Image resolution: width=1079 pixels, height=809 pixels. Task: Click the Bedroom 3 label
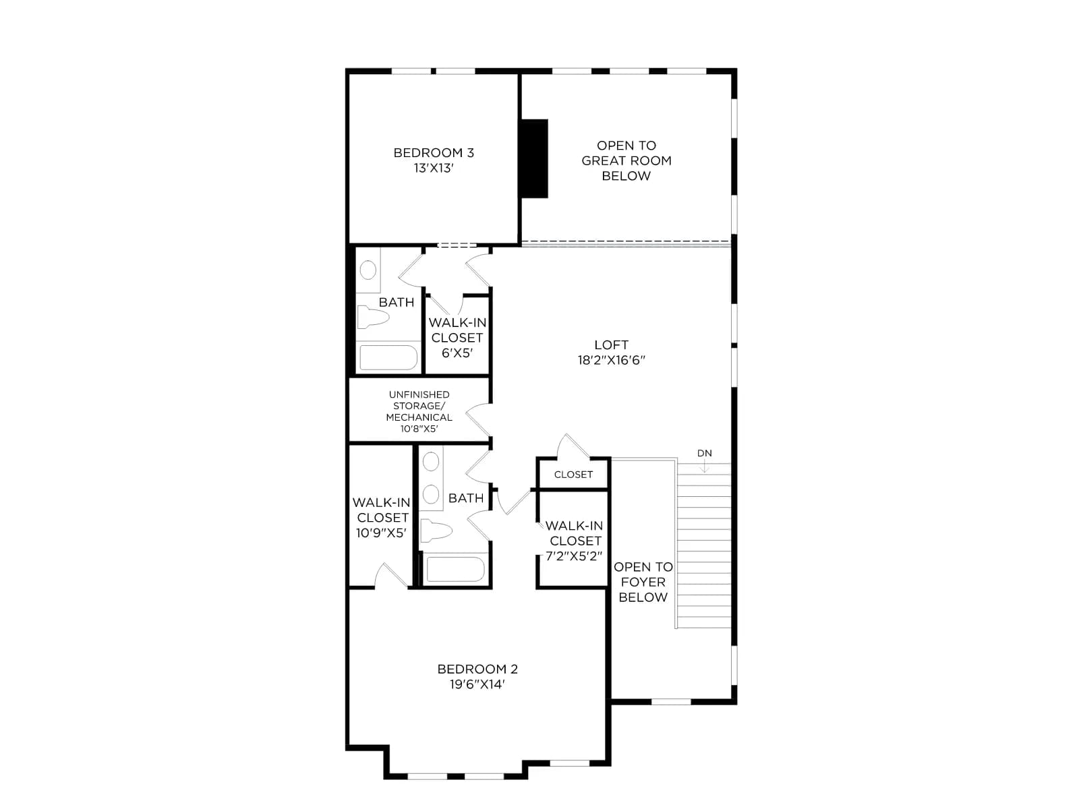(433, 153)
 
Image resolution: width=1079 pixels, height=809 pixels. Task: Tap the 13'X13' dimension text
(433, 168)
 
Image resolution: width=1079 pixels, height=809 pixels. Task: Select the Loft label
(611, 344)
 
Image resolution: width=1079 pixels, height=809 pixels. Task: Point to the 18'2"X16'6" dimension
(611, 360)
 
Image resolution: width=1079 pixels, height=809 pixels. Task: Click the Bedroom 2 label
(477, 669)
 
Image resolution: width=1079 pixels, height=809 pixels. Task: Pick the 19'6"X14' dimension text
(477, 684)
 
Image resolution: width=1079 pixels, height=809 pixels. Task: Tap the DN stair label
(704, 453)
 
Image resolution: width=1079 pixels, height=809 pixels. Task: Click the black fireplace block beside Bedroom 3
(534, 158)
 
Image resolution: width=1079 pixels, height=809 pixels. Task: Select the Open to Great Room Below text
(626, 160)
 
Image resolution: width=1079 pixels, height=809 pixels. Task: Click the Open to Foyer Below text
(643, 582)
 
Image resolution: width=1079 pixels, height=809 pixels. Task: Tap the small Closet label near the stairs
(573, 475)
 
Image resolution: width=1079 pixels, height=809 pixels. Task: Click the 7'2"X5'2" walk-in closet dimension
(574, 556)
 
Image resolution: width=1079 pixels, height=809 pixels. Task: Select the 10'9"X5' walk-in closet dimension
(382, 533)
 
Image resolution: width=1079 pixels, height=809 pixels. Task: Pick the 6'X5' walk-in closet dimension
(457, 353)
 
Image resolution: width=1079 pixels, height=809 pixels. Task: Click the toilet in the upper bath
(373, 317)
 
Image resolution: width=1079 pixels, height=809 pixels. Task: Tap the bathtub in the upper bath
(388, 357)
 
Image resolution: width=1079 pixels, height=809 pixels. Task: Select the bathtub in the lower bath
(455, 569)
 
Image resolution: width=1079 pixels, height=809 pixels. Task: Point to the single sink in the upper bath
(368, 270)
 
